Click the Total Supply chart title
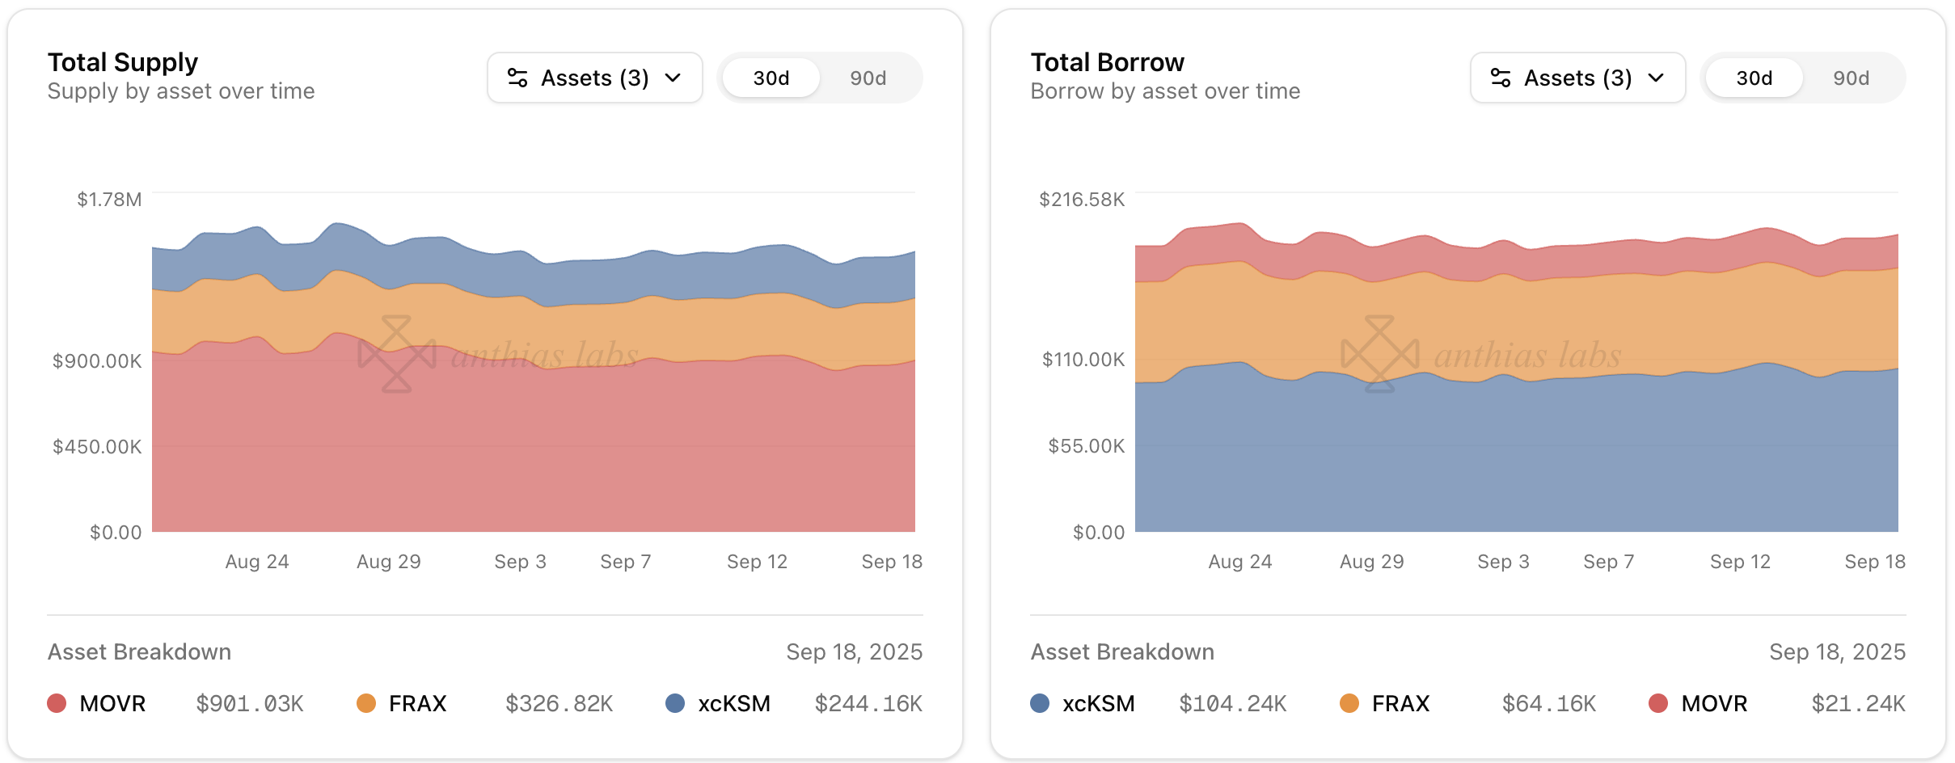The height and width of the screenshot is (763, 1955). point(123,62)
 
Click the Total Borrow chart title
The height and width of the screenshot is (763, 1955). point(1107,62)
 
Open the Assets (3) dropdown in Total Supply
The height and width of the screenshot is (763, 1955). point(594,78)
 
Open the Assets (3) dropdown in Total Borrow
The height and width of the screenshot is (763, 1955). point(1577,78)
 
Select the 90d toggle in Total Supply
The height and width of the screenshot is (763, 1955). point(868,78)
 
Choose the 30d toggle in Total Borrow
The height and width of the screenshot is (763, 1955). point(1754,78)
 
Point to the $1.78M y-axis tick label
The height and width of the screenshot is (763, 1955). point(109,200)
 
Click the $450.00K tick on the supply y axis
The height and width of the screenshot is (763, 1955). point(97,446)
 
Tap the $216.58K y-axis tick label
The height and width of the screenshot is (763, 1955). point(1081,200)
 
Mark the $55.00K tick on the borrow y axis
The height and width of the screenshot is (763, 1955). point(1086,446)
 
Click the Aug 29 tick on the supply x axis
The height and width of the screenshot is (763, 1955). point(389,562)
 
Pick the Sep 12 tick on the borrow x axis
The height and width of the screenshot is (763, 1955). point(1740,562)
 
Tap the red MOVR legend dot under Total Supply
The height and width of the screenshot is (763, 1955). point(57,703)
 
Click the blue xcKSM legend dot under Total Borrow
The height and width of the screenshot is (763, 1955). point(1040,703)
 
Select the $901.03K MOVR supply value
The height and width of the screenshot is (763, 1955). point(250,704)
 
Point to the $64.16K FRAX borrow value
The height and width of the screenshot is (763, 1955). point(1549,704)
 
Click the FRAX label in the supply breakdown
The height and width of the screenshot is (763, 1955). point(417,704)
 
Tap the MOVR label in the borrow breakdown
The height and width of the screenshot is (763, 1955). point(1714,704)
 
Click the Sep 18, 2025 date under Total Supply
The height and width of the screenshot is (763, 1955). point(854,652)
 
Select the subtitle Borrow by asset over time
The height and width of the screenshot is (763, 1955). point(1165,91)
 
